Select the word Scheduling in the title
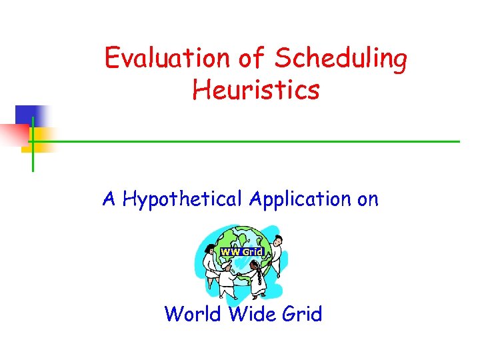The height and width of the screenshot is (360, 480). [x=341, y=59]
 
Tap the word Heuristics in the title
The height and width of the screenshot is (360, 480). [x=256, y=89]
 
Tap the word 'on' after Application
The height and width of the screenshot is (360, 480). [x=367, y=199]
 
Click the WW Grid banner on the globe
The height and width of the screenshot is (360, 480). [x=242, y=252]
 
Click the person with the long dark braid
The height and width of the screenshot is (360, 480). [x=257, y=279]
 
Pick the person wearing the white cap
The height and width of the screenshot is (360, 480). [x=227, y=280]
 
